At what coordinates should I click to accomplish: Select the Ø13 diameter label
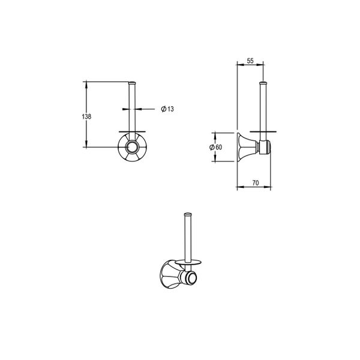[167, 109]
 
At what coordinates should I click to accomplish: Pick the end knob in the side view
[265, 146]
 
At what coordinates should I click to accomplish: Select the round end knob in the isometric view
[191, 278]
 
